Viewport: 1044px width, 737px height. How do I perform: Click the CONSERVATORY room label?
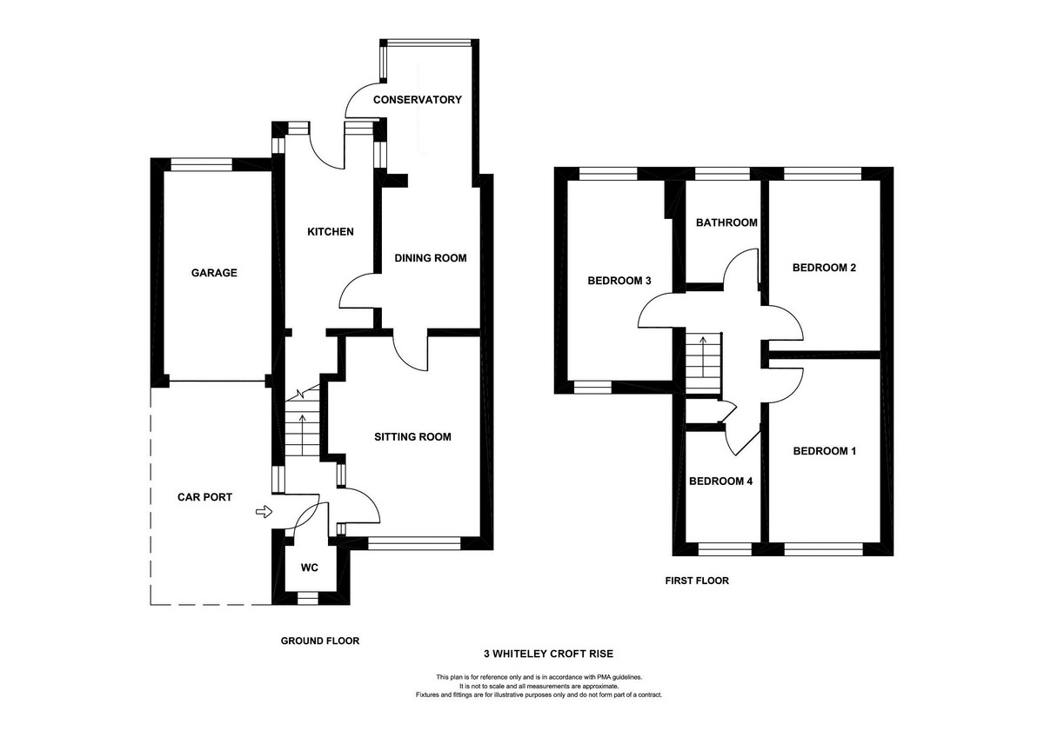417,100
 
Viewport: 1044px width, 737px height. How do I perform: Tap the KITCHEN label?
331,232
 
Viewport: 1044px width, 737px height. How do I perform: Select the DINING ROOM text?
430,258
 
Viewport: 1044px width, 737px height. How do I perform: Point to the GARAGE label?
214,273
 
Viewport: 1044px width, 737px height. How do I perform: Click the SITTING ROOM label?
412,436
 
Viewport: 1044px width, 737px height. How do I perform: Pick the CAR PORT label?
204,497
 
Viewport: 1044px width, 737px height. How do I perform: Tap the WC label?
310,568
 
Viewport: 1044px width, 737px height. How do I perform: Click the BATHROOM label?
726,222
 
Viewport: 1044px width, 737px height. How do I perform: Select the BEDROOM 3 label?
619,281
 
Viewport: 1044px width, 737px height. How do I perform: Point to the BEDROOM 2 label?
824,268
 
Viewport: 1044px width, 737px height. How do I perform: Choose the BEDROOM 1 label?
825,451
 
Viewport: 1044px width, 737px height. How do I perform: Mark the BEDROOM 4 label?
720,481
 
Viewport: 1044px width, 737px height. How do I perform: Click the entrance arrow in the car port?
264,512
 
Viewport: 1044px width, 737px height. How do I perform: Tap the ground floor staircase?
302,422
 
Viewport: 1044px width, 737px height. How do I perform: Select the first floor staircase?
703,363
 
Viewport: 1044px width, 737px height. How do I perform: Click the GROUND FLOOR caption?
320,641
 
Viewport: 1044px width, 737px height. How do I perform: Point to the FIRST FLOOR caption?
697,581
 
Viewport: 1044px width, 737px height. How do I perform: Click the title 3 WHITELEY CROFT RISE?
549,654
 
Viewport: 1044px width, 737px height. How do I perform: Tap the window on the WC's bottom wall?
308,598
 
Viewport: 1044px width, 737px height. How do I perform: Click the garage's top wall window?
201,165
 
